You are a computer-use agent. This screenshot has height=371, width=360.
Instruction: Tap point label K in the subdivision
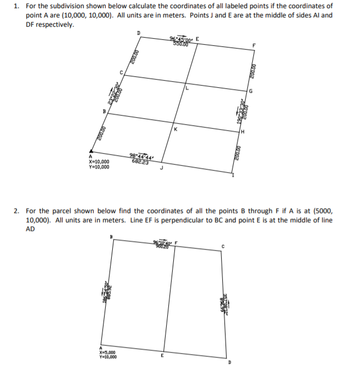click(175, 130)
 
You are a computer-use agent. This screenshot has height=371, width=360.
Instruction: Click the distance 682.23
click(139, 161)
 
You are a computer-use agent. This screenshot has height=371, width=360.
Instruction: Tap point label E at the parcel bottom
click(162, 356)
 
